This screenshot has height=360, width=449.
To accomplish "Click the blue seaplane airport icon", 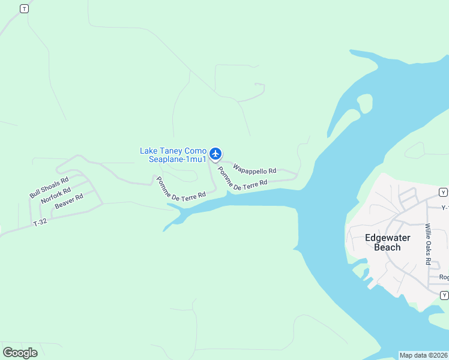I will click(x=215, y=154).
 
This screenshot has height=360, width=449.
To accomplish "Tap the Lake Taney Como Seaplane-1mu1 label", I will click(x=173, y=155).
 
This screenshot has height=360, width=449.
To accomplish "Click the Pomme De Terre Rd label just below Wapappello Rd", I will click(x=242, y=180).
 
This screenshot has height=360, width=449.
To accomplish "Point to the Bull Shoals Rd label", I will click(x=49, y=187).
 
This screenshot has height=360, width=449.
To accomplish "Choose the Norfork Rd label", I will click(x=56, y=195).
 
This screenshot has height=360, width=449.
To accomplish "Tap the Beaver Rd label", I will click(x=68, y=202).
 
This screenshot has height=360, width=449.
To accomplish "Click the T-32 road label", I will click(x=40, y=222).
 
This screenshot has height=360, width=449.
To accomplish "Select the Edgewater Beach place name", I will click(x=388, y=242).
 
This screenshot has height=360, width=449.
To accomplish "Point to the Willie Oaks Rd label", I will click(x=428, y=244).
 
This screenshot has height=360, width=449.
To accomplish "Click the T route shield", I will click(x=23, y=8).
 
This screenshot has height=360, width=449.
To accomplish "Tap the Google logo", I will click(x=20, y=353).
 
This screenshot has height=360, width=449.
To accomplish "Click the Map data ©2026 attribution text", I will click(x=423, y=355).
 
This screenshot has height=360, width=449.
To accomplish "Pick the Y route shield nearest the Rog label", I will click(x=444, y=295).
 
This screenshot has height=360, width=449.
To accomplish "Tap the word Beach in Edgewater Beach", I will click(x=388, y=247).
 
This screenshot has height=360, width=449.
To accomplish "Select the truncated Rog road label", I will click(x=444, y=277).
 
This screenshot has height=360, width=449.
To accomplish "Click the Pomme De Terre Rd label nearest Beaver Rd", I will click(x=181, y=188).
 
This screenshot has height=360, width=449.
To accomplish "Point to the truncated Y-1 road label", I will click(x=445, y=208).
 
